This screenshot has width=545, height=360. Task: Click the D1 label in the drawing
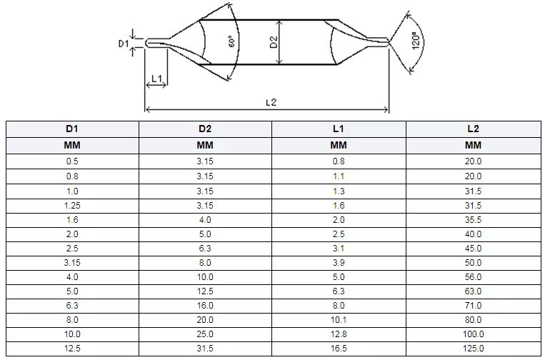pos(122,44)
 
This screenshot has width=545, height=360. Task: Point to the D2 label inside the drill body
pos(274,43)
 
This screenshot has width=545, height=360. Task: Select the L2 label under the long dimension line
pos(271,102)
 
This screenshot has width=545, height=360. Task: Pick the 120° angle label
pos(414,43)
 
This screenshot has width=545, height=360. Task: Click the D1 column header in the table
pos(71,129)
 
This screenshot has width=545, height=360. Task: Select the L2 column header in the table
pos(473,129)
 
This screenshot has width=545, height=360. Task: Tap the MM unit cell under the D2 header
pos(205,146)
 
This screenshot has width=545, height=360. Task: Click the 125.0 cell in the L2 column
pos(473,349)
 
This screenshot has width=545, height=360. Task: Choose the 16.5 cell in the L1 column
pos(339,349)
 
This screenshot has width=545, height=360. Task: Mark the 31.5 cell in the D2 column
pos(205,349)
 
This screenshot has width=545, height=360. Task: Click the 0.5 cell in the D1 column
pos(71,161)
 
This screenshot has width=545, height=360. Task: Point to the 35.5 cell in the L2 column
pos(473,219)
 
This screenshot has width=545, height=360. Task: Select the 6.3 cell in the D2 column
pos(205,248)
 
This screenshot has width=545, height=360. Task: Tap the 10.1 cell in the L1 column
pos(339,320)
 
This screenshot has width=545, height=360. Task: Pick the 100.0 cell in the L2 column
pos(473,334)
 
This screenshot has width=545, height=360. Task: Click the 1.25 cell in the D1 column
pos(71,205)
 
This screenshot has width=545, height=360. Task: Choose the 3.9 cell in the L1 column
pos(339,262)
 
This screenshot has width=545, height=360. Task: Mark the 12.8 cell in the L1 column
pos(339,334)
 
